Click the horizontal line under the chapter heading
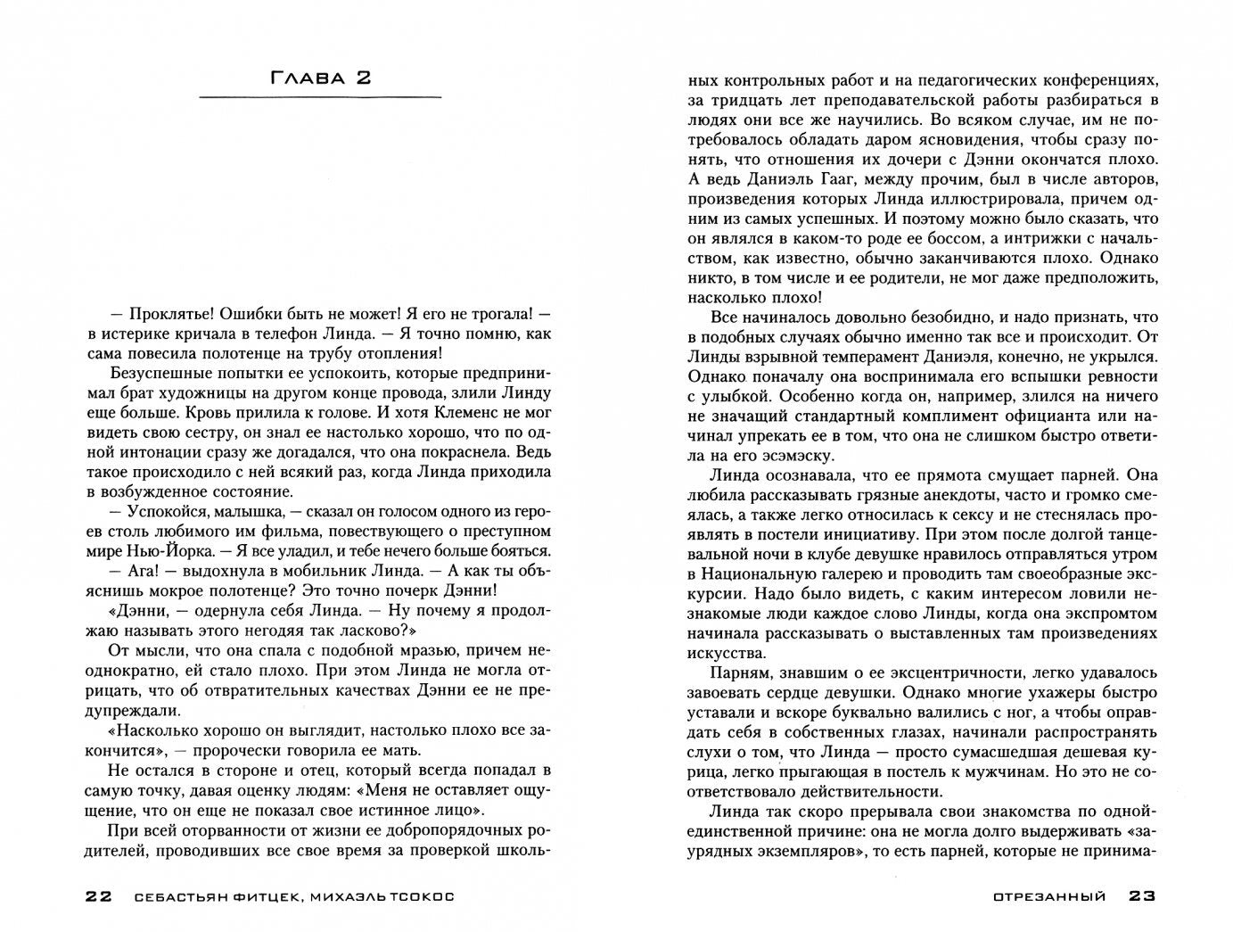coord(319,96)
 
